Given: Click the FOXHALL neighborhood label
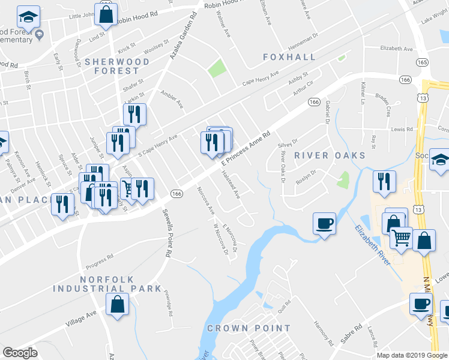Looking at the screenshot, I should (289, 57).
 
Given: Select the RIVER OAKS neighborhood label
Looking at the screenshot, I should (330, 155).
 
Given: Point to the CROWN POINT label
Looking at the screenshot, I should (249, 329).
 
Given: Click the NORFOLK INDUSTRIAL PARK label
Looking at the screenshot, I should (107, 284).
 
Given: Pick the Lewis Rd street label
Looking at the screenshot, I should (402, 129).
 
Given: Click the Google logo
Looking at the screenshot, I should (20, 352).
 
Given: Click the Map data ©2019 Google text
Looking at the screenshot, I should (412, 355).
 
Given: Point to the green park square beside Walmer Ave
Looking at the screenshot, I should (217, 69).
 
